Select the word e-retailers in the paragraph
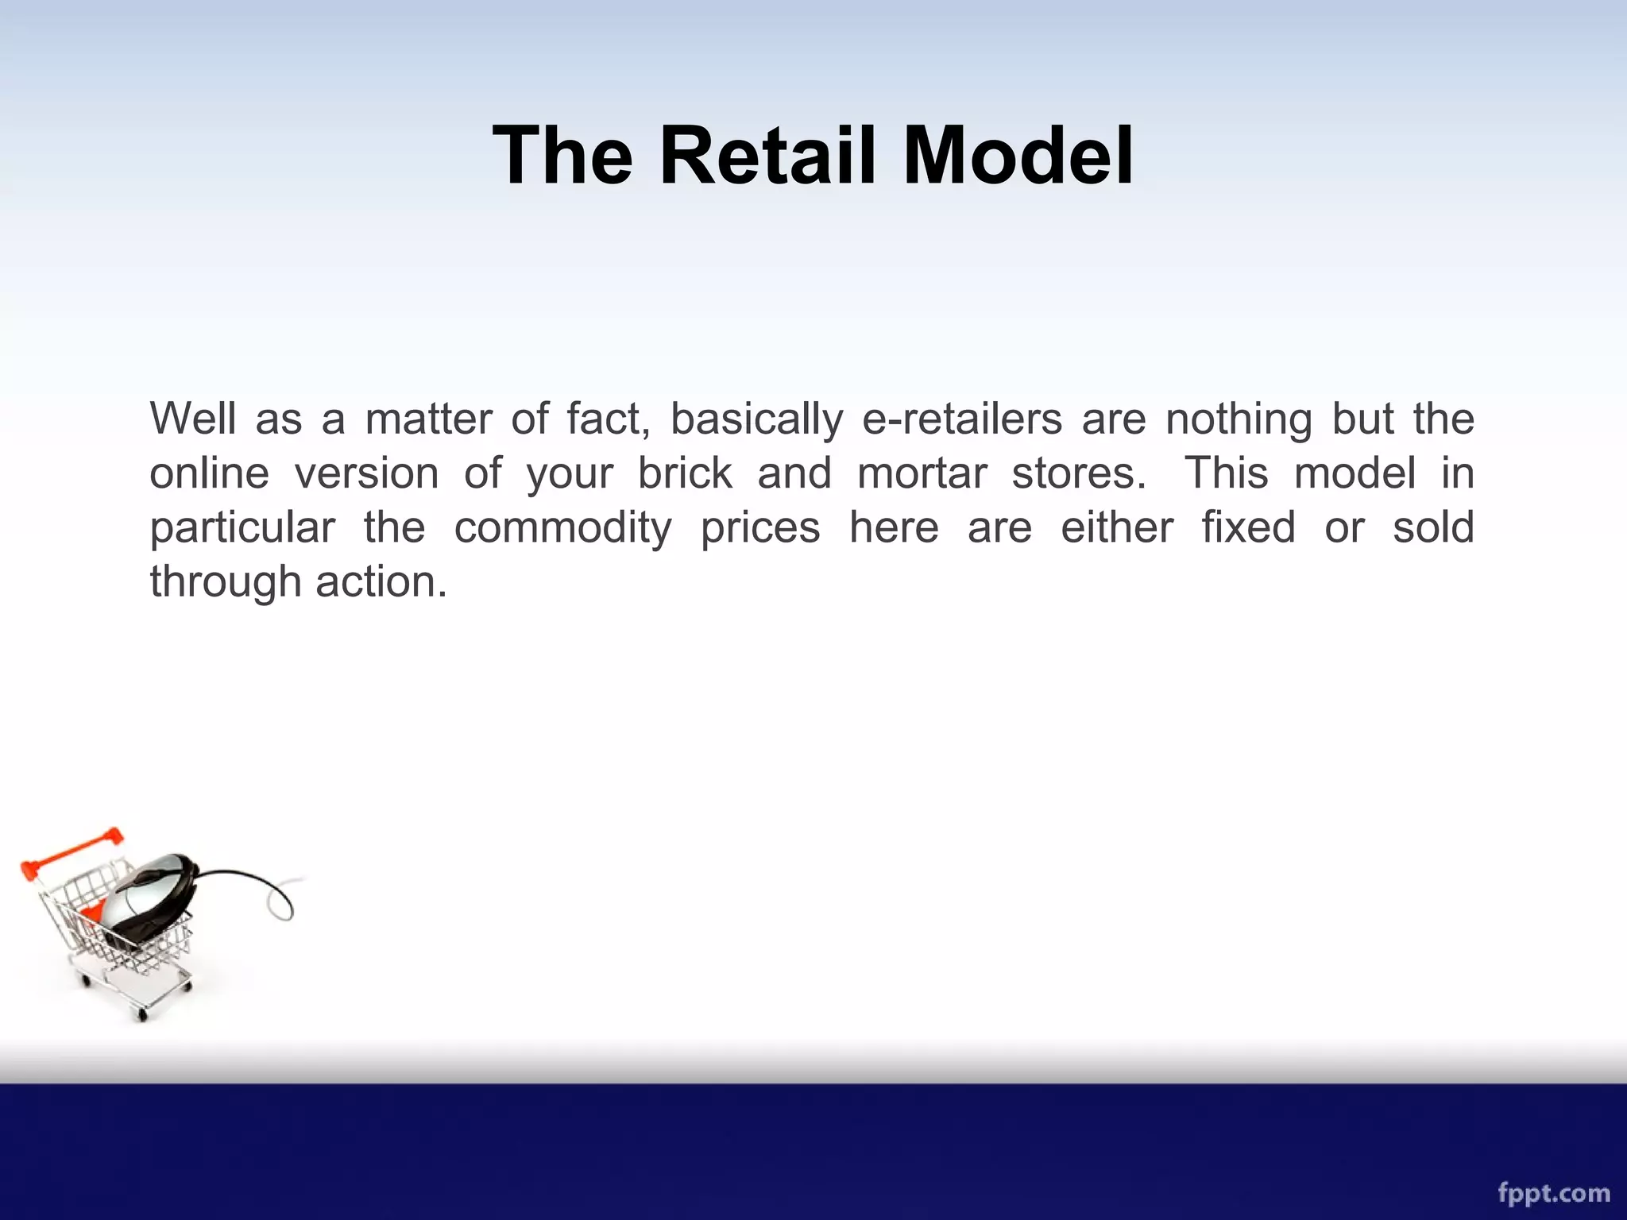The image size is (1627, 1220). click(962, 419)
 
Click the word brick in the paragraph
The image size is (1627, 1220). click(685, 473)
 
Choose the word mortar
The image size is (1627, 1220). click(922, 473)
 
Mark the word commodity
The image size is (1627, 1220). click(562, 529)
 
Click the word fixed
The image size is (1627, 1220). click(1248, 527)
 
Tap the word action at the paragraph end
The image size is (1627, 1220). click(381, 581)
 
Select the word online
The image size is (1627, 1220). click(210, 473)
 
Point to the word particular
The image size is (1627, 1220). click(242, 529)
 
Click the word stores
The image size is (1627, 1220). click(1079, 473)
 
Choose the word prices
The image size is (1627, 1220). click(759, 529)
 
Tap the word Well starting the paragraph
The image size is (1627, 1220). click(193, 419)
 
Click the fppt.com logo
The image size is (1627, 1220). click(1553, 1192)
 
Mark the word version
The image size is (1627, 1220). click(366, 473)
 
